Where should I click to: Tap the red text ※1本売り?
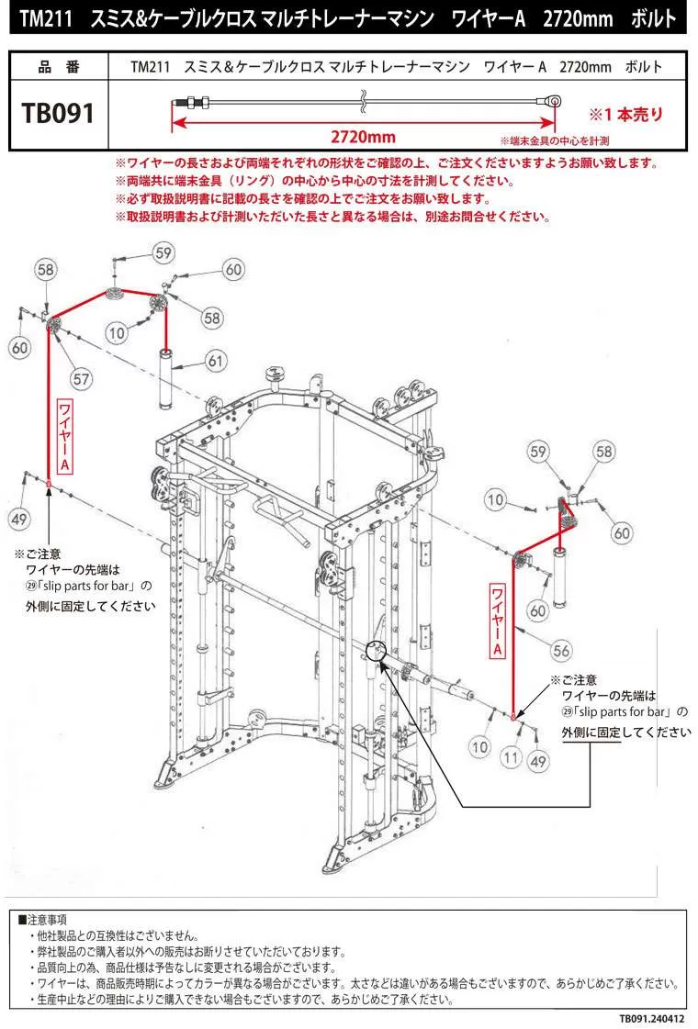pyautogui.click(x=625, y=115)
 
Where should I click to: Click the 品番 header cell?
pyautogui.click(x=59, y=67)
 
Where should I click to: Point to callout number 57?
pyautogui.click(x=82, y=377)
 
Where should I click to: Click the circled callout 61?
pyautogui.click(x=215, y=362)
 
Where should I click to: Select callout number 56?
pyautogui.click(x=561, y=650)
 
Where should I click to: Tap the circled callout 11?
pyautogui.click(x=512, y=758)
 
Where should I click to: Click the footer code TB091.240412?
pyautogui.click(x=650, y=1018)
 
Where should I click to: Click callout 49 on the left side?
pyautogui.click(x=19, y=520)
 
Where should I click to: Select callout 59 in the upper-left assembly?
pyautogui.click(x=163, y=252)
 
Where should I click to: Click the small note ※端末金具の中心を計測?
pyautogui.click(x=554, y=141)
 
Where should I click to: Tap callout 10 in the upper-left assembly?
pyautogui.click(x=117, y=331)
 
